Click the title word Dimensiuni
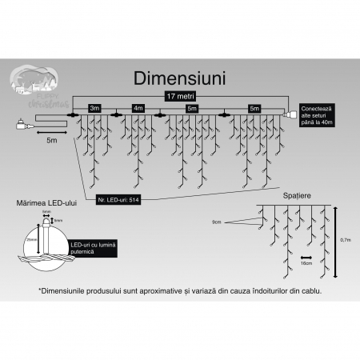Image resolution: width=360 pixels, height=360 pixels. tap(179, 78)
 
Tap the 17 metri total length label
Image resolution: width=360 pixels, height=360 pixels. tap(179, 95)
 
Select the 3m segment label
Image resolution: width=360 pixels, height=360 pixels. tap(95, 107)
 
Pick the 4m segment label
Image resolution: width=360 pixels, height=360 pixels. tap(138, 107)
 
